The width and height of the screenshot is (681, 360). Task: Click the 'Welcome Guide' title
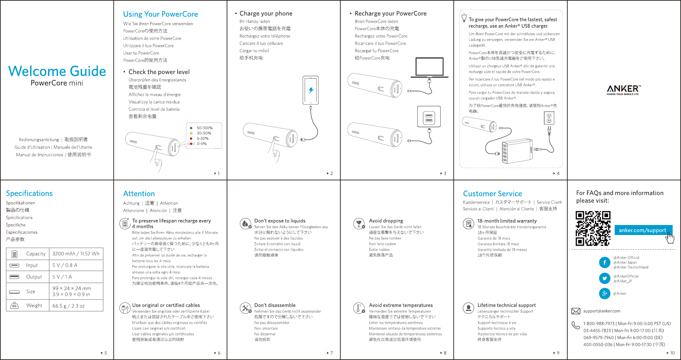pyautogui.click(x=57, y=71)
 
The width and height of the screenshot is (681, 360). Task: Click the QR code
pyautogui.click(x=593, y=228)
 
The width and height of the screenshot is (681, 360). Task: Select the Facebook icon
pyautogui.click(x=604, y=263)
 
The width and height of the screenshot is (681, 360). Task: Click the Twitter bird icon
pyautogui.click(x=604, y=278)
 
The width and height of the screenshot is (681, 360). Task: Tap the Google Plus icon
pyautogui.click(x=604, y=293)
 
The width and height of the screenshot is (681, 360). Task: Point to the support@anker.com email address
pyautogui.click(x=602, y=311)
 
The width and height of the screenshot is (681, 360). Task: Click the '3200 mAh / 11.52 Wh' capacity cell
pyautogui.click(x=76, y=254)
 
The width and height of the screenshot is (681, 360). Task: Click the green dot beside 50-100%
pyautogui.click(x=191, y=128)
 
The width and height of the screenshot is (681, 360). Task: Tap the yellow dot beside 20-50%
pyautogui.click(x=191, y=133)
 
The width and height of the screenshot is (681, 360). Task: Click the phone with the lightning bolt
pyautogui.click(x=311, y=90)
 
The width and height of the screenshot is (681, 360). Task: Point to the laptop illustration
pyautogui.click(x=429, y=68)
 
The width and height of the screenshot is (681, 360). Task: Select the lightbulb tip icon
pyautogui.click(x=464, y=18)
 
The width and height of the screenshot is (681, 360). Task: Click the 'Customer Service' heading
pyautogui.click(x=492, y=194)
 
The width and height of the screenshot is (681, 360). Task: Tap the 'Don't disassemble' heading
pyautogui.click(x=275, y=305)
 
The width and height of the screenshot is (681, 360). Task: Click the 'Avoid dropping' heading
pyautogui.click(x=386, y=221)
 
